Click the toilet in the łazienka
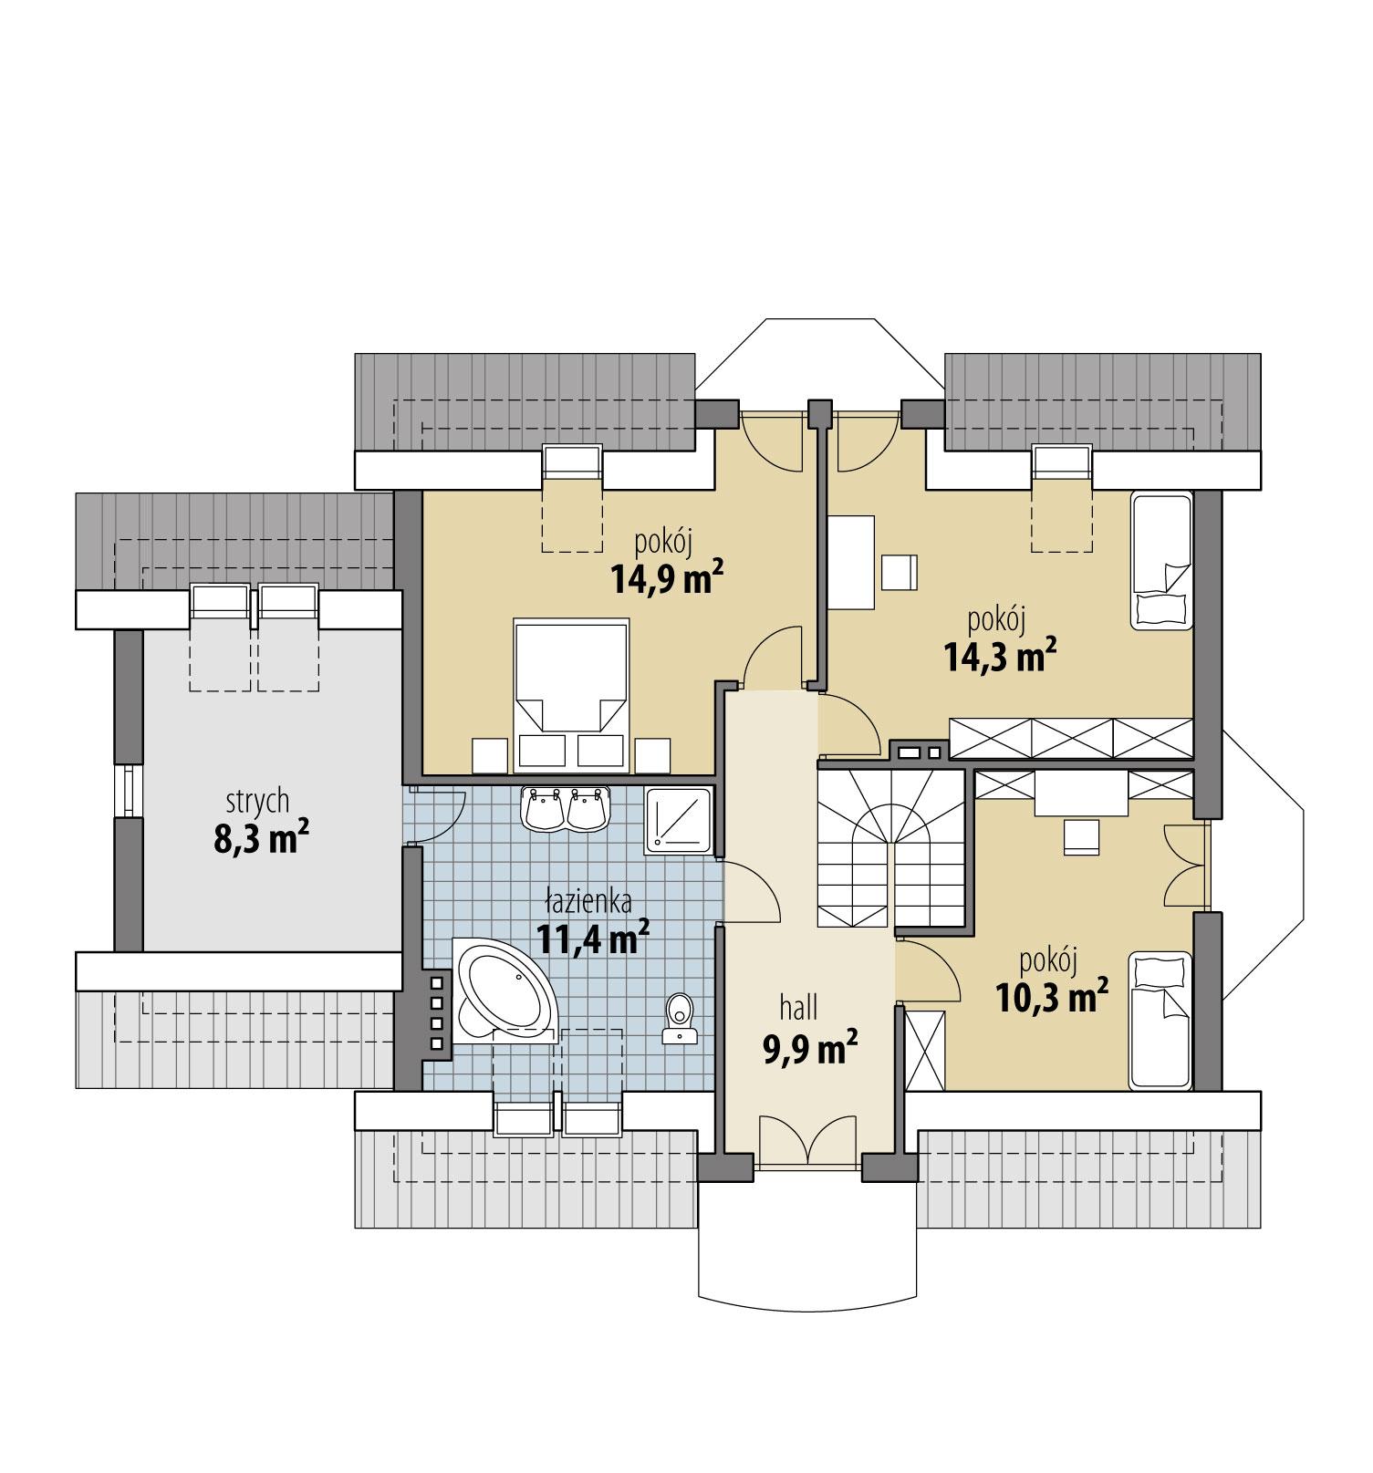pyautogui.click(x=680, y=1017)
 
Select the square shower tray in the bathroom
pyautogui.click(x=678, y=821)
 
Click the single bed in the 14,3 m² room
pyautogui.click(x=1161, y=561)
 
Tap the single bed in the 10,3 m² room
pyautogui.click(x=1161, y=1021)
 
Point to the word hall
pyautogui.click(x=798, y=1008)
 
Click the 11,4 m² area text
pyautogui.click(x=593, y=937)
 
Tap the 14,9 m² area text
pyautogui.click(x=668, y=578)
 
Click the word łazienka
pyautogui.click(x=588, y=902)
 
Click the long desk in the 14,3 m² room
pyautogui.click(x=851, y=562)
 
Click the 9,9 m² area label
pyautogui.click(x=809, y=1048)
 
